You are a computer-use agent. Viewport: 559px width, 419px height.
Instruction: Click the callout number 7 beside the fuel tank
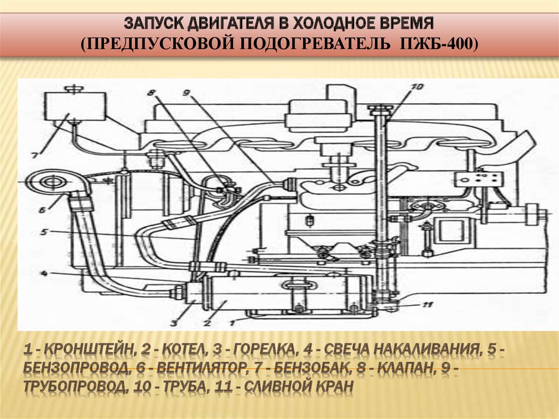click(34, 156)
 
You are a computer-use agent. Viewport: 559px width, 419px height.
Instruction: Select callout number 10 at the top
click(417, 87)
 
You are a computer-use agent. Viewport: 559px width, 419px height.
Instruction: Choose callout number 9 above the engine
click(186, 93)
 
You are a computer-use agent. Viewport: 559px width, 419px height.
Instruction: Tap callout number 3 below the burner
click(174, 323)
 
